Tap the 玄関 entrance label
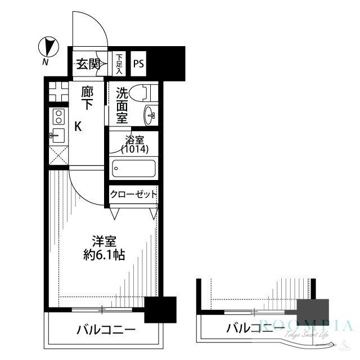pyautogui.click(x=88, y=64)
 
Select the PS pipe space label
pyautogui.click(x=138, y=64)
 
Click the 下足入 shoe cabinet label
pyautogui.click(x=119, y=64)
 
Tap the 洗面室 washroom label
pyautogui.click(x=122, y=105)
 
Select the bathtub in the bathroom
pyautogui.click(x=133, y=168)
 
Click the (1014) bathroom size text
pyautogui.click(x=134, y=150)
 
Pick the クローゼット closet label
pyautogui.click(x=133, y=195)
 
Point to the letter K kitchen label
pyautogui.click(x=78, y=127)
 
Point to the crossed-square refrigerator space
pyautogui.click(x=57, y=156)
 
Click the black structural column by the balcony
pyautogui.click(x=160, y=309)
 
